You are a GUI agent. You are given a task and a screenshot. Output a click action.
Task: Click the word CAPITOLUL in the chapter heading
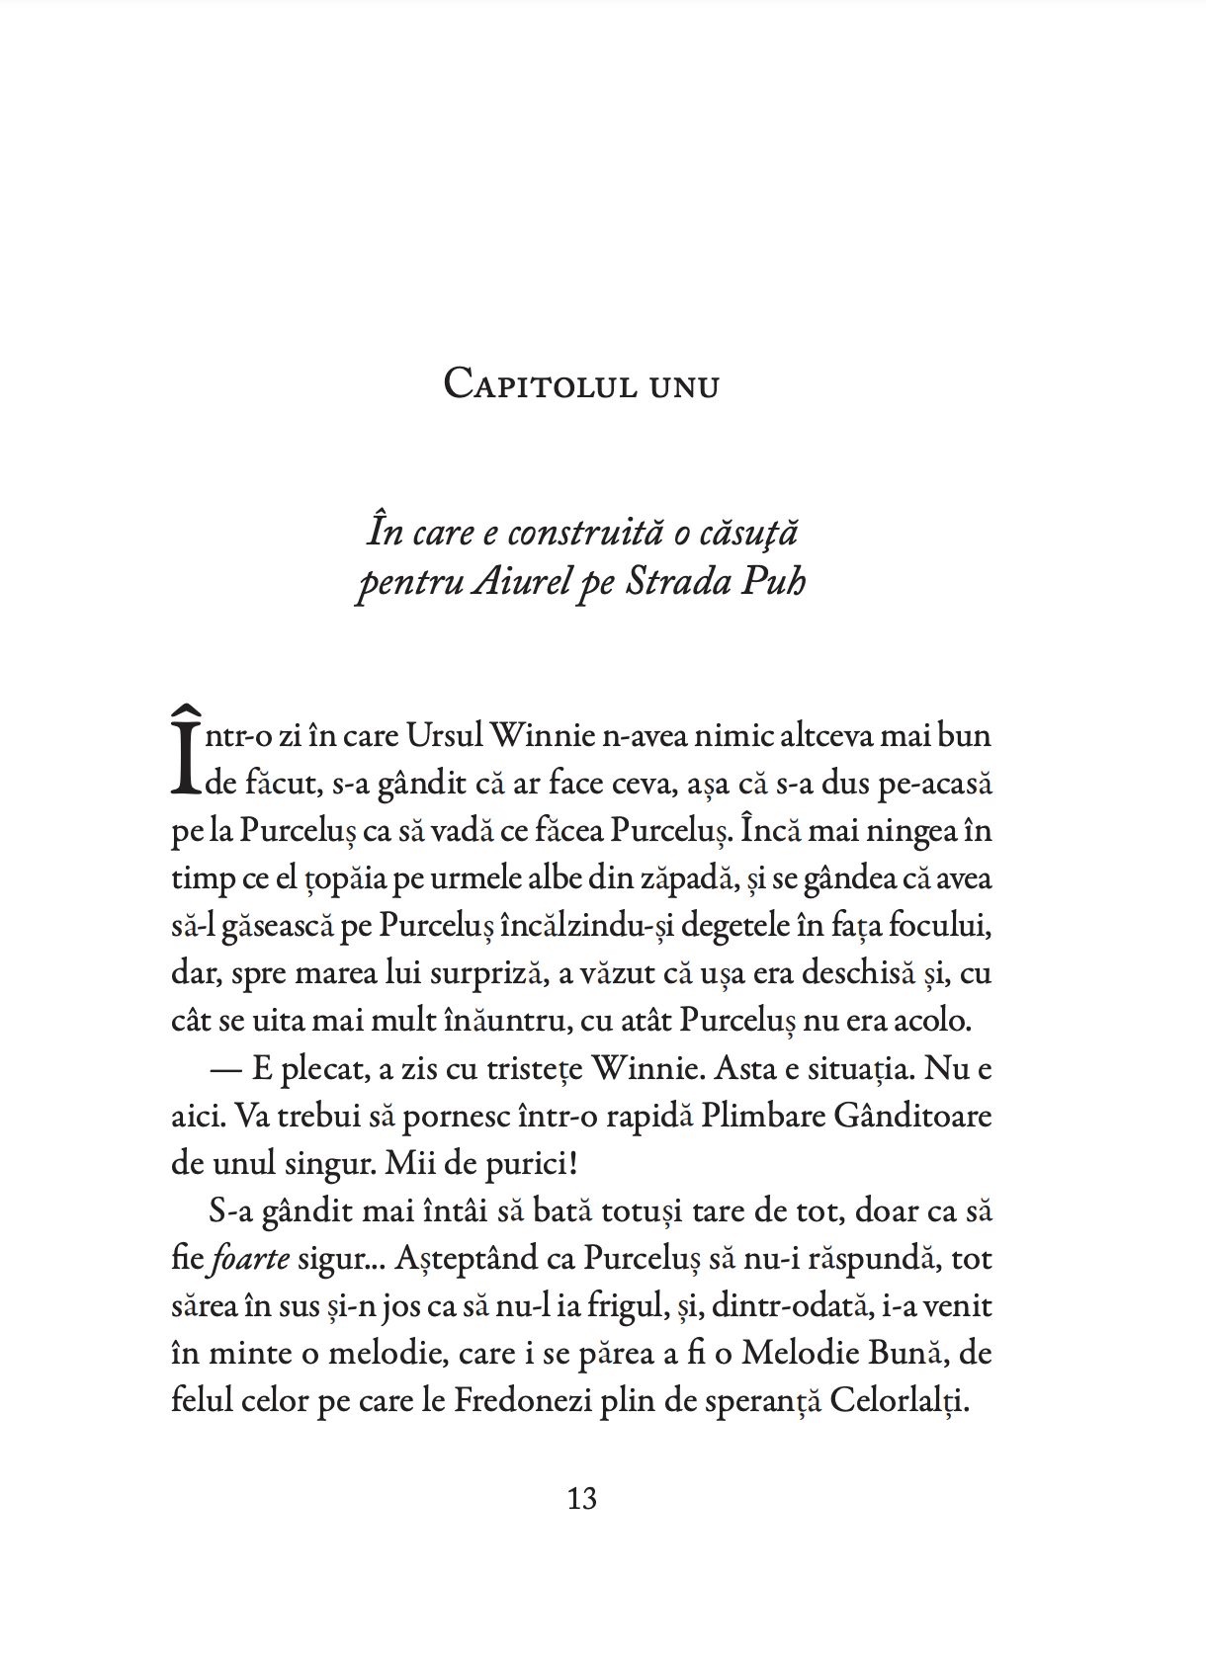540,384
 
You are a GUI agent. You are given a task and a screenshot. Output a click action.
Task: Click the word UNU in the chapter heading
684,386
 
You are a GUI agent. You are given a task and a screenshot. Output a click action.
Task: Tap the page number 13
581,1499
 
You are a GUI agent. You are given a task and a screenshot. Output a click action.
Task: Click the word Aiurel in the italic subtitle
522,581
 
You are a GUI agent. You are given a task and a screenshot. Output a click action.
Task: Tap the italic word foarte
251,1259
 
